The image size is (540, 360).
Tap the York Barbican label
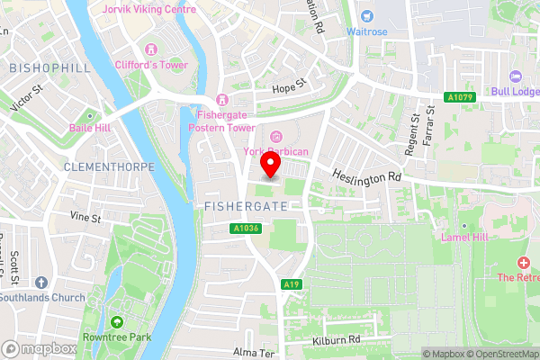276,151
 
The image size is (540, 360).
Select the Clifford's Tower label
150,64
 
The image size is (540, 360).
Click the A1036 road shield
246,229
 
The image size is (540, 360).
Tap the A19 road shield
290,284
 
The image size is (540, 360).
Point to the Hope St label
290,89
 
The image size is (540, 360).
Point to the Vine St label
85,217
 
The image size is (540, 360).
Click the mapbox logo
39,348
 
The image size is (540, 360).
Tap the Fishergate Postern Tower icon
221,99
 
